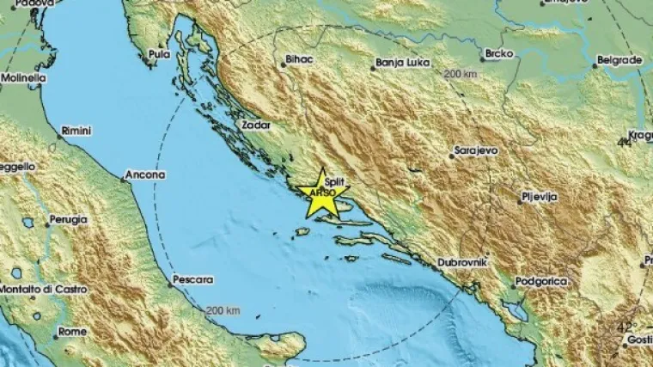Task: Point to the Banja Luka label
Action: (400, 63)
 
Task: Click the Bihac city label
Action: (296, 60)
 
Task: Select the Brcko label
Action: (499, 53)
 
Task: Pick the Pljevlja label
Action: (540, 197)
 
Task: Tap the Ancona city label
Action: (144, 174)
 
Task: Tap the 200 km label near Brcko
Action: (460, 76)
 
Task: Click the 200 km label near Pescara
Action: (222, 309)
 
